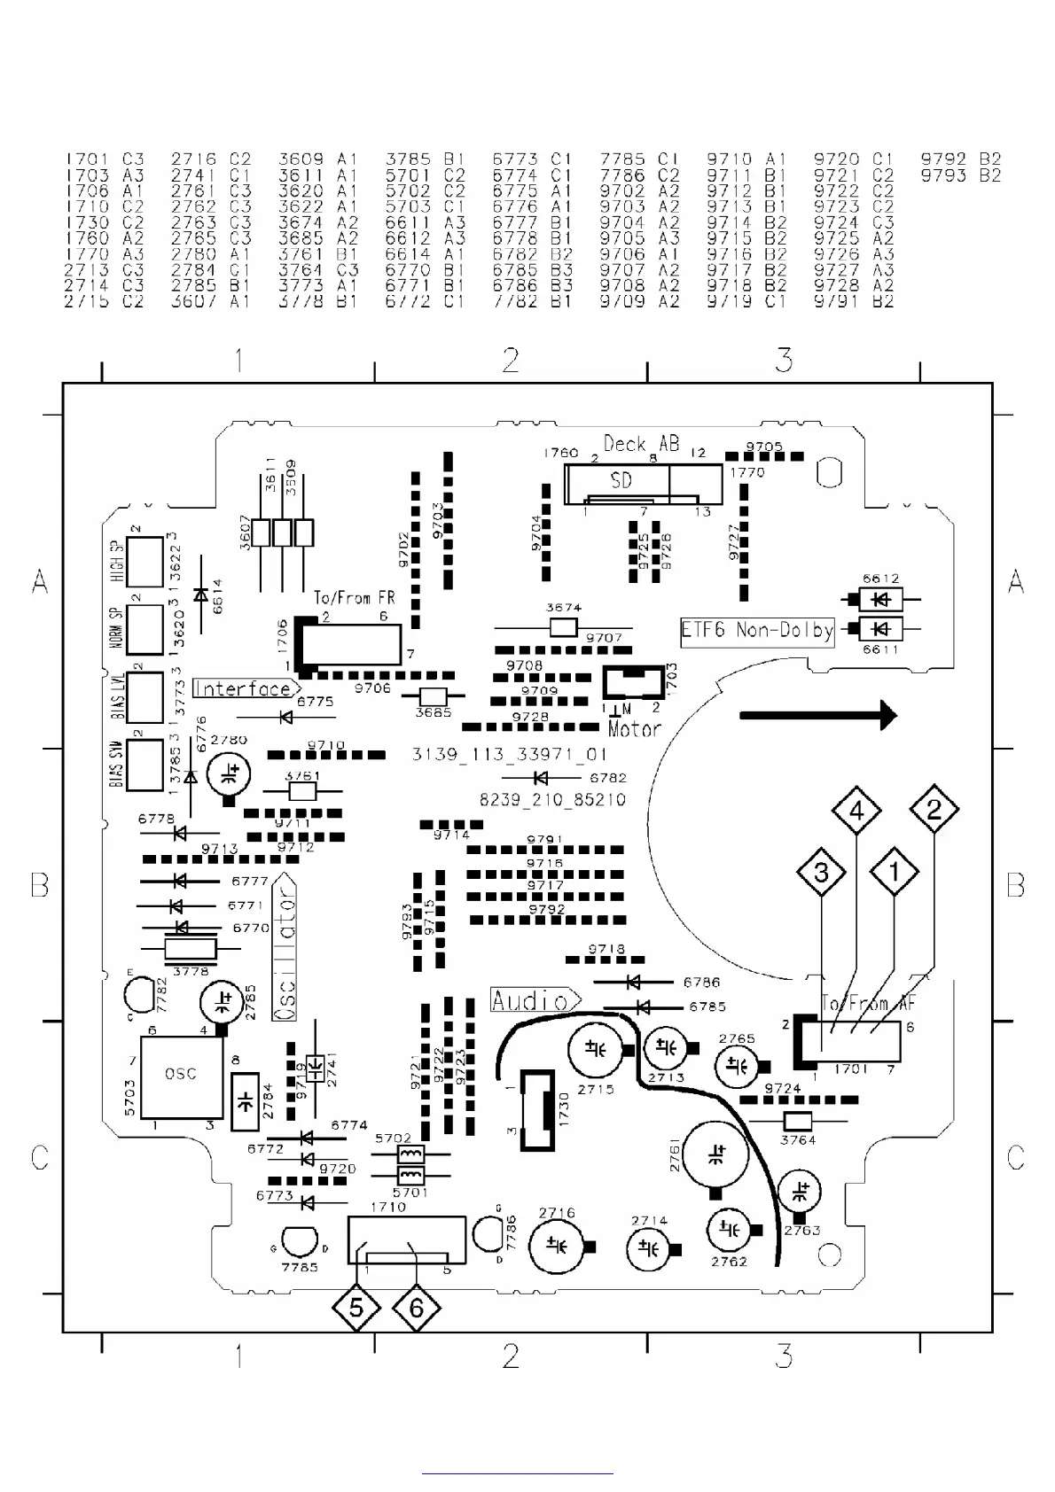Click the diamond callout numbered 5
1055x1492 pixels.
(356, 1308)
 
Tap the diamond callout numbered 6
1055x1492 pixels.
(417, 1308)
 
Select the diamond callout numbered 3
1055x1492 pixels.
(822, 872)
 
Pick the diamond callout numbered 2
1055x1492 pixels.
(934, 809)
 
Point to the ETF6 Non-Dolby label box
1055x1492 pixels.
(757, 631)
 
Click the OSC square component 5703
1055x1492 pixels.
(181, 1076)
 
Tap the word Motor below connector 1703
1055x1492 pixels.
(635, 729)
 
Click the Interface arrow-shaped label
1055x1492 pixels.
(246, 688)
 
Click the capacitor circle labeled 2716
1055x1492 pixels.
(557, 1245)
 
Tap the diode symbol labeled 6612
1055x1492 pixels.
(879, 600)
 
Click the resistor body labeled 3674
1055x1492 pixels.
(564, 628)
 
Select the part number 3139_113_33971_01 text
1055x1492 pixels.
(510, 755)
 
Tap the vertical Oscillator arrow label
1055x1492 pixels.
(285, 947)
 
